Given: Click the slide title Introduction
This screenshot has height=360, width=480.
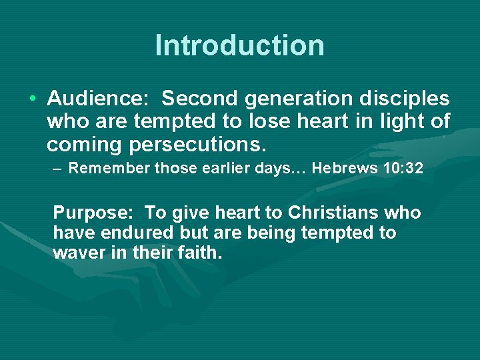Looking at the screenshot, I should point(240,45).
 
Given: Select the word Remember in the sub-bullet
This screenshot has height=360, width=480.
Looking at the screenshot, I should point(109,169).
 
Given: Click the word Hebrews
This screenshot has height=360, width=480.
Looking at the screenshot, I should point(343,169).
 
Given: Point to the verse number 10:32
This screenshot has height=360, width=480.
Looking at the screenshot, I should point(403,169).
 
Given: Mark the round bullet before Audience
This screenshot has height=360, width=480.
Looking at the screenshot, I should point(33,99).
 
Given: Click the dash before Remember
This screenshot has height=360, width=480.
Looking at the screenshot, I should point(58,169).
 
